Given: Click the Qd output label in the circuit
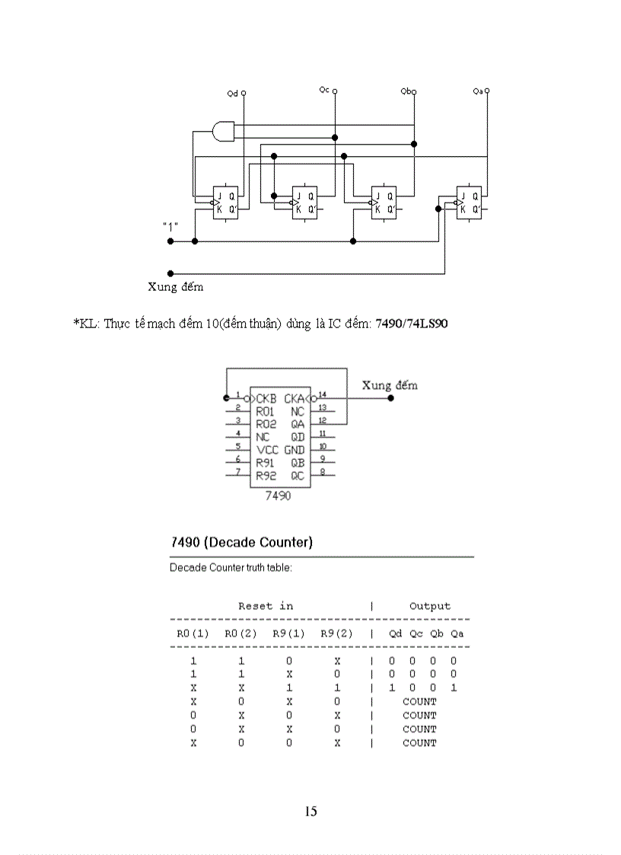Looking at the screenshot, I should coord(233,93).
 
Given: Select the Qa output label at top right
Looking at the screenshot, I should coord(478,91).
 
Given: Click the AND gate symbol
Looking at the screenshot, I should coord(224,131).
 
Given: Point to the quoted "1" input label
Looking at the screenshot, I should coord(170,226).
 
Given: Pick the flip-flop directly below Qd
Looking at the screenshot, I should coord(225,202).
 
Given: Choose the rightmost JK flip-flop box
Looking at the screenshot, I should coord(468,202).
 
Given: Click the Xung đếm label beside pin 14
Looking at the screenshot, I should coord(390,384).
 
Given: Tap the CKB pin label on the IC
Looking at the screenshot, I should coord(266,398).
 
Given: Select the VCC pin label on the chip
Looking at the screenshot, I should coord(266,450).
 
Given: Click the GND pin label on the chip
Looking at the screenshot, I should coord(295,450).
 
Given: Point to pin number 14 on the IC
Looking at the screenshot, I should coord(322,394).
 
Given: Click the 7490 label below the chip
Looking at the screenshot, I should coord(278,495).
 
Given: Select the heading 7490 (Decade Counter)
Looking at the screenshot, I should coord(240,542).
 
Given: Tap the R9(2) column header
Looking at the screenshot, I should coord(336,633).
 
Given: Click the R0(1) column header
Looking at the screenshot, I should coord(193,633).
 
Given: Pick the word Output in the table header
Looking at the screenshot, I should coord(430,606).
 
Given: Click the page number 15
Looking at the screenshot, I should coord(310,811).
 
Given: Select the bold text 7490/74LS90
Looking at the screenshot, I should coord(412,324).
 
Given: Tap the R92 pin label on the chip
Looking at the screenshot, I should coord(266,476).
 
